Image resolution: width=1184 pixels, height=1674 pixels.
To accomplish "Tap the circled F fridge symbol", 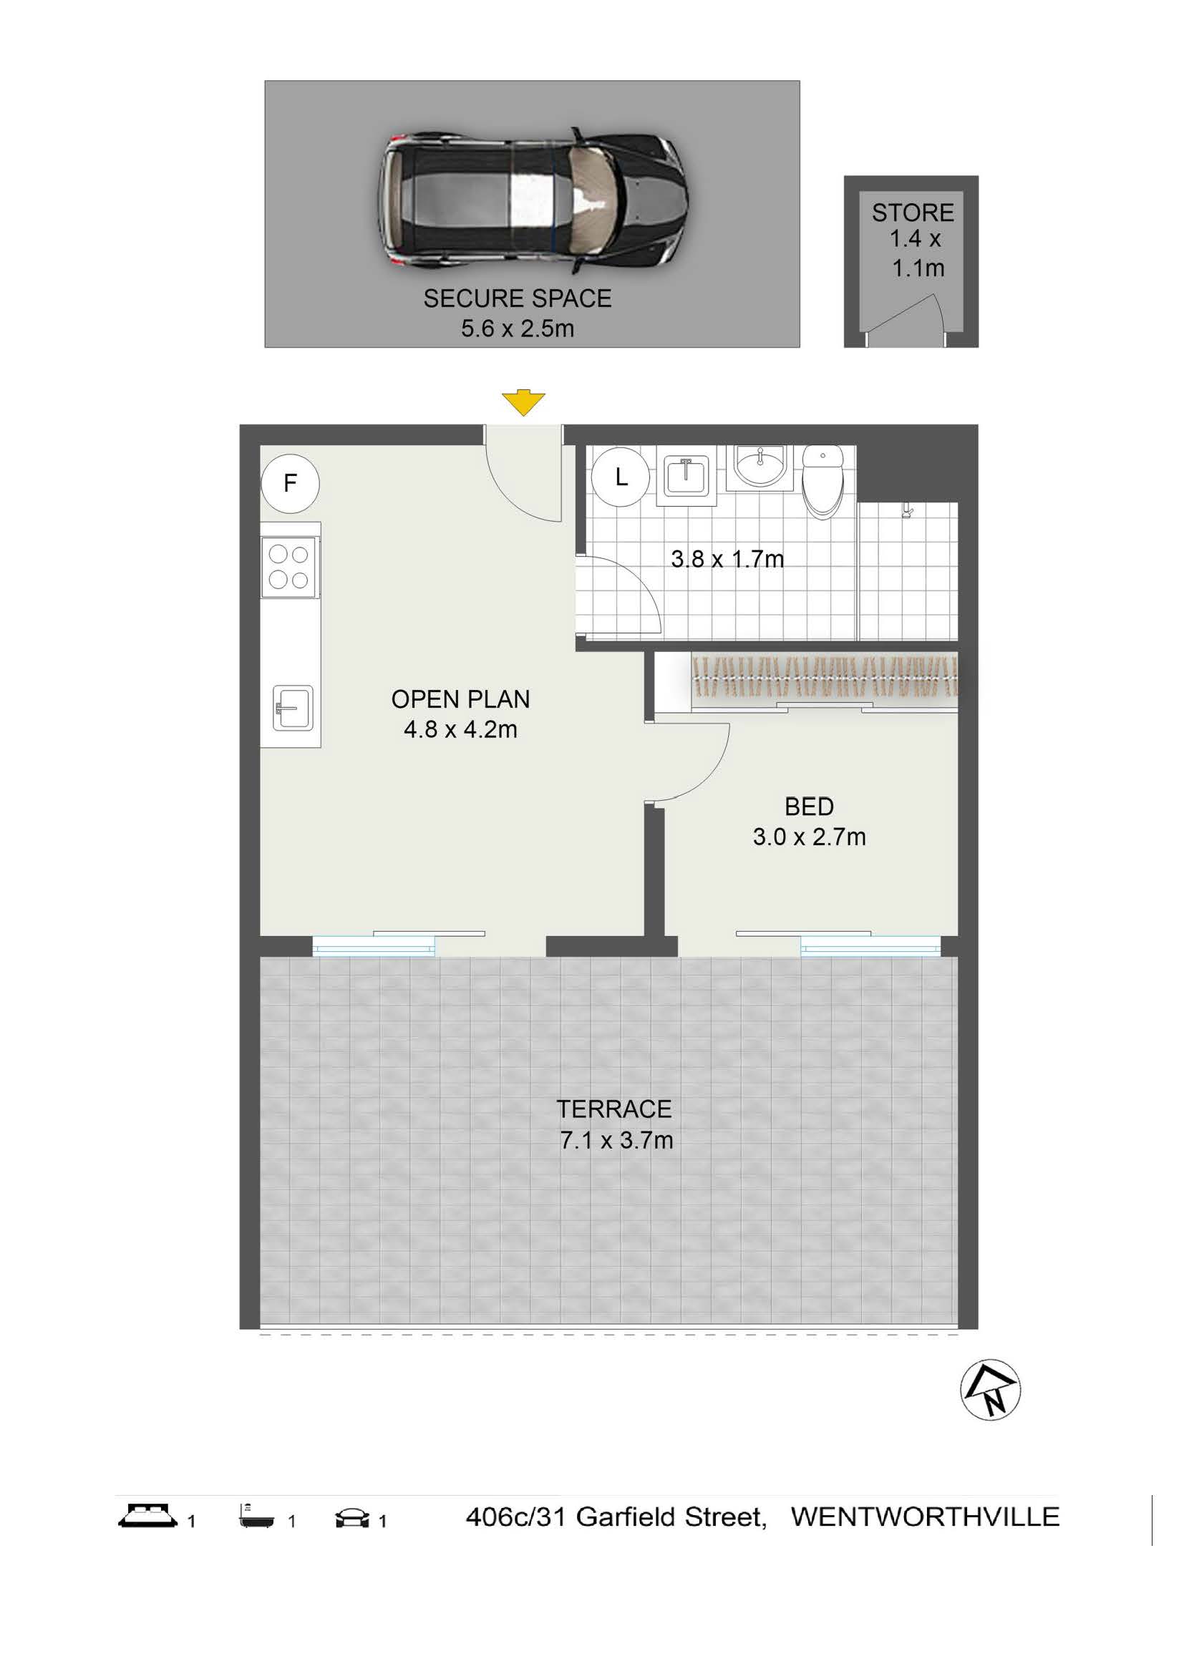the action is click(290, 482).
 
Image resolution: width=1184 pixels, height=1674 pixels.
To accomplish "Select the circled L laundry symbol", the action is click(621, 477).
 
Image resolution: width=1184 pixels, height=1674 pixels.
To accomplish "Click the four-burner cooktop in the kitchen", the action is click(288, 568).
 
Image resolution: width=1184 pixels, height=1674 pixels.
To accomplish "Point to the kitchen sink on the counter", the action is click(293, 707).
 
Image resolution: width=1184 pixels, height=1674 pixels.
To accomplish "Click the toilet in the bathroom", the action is click(823, 482).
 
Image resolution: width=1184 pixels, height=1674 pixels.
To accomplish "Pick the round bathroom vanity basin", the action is click(760, 467).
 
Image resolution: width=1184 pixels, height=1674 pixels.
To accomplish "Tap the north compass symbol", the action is click(990, 1391).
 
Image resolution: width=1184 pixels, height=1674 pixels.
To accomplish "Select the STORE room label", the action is click(913, 213).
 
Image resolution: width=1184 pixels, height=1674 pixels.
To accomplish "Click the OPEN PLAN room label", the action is click(461, 699).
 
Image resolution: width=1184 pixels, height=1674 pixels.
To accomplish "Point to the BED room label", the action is click(810, 807).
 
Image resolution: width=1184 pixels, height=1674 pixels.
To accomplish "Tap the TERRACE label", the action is click(615, 1109).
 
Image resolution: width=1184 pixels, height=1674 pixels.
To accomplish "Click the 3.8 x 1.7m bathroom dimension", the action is click(727, 559).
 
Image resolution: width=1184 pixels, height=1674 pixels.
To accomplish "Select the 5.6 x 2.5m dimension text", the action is click(518, 329).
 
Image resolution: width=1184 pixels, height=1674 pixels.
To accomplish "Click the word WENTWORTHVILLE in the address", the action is click(925, 1517).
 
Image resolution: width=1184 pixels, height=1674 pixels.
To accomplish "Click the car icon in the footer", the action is click(353, 1518).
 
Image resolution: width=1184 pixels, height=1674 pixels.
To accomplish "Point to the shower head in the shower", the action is click(907, 511).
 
